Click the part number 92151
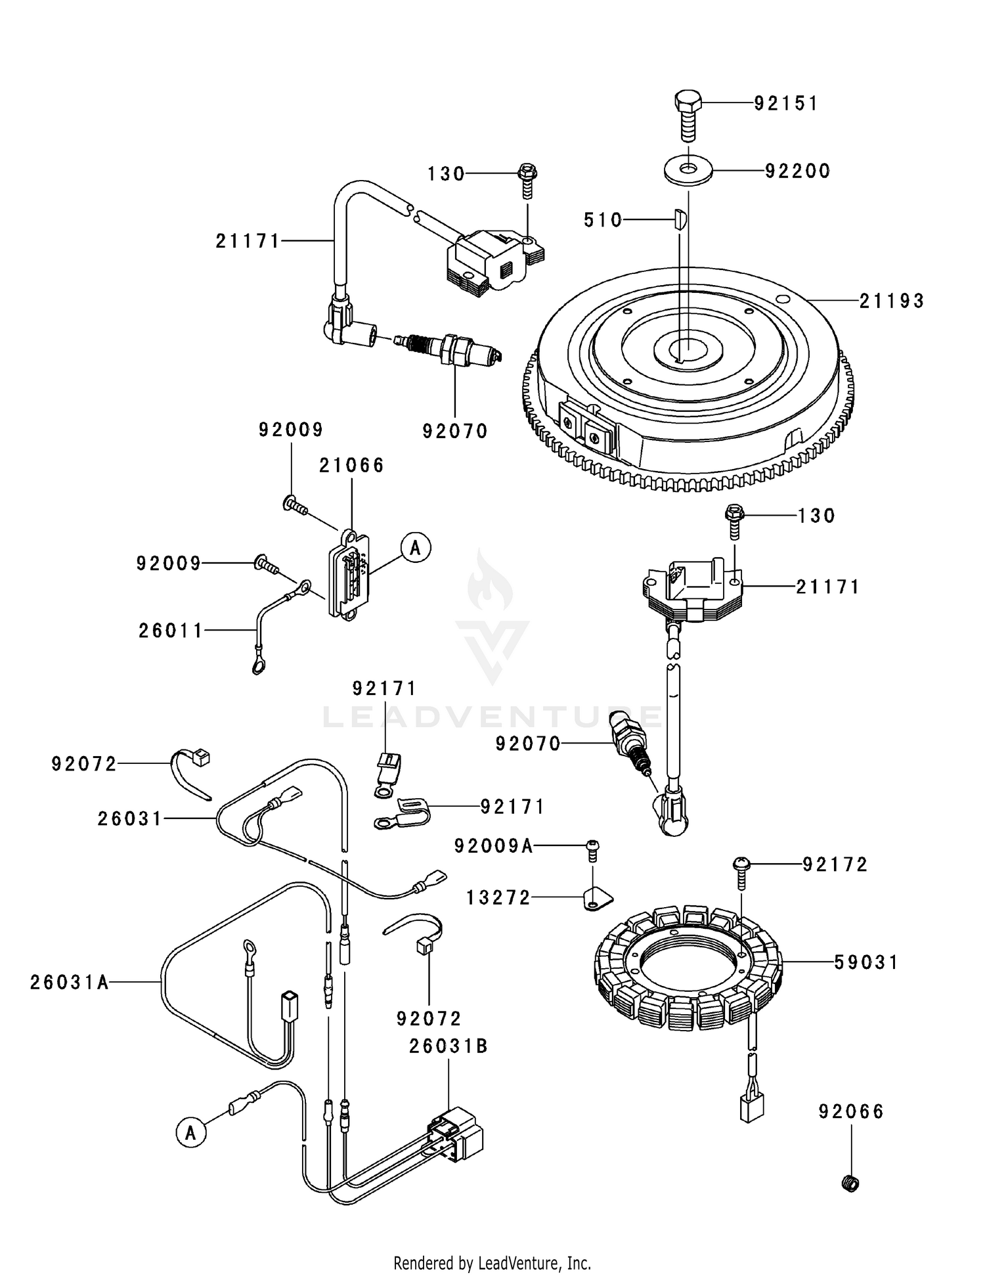coord(785,104)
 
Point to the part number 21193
coord(892,301)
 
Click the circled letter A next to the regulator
coord(415,547)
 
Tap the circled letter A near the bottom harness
coord(191,1133)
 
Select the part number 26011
coord(171,631)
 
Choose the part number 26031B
coord(449,1046)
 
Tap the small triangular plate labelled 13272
coord(596,899)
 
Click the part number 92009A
coord(493,846)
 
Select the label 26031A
coord(69,982)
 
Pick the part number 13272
coord(498,897)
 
